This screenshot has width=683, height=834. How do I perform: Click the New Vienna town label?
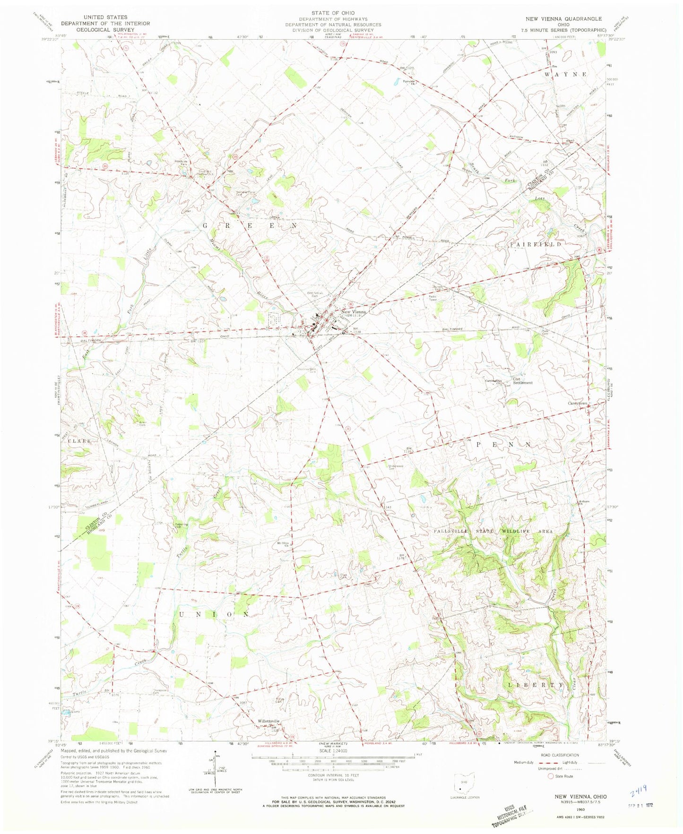pyautogui.click(x=354, y=312)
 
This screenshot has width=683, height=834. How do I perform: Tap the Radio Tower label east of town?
pyautogui.click(x=434, y=298)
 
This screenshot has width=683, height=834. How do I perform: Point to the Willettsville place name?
pyautogui.click(x=268, y=721)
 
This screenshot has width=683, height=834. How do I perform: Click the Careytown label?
pyautogui.click(x=577, y=404)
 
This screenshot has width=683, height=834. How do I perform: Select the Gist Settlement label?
pyautogui.click(x=522, y=381)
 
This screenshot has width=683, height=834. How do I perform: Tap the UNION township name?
pyautogui.click(x=214, y=614)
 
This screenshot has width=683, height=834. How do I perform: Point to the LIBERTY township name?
pyautogui.click(x=536, y=684)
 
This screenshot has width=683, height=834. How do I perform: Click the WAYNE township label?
pyautogui.click(x=565, y=75)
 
